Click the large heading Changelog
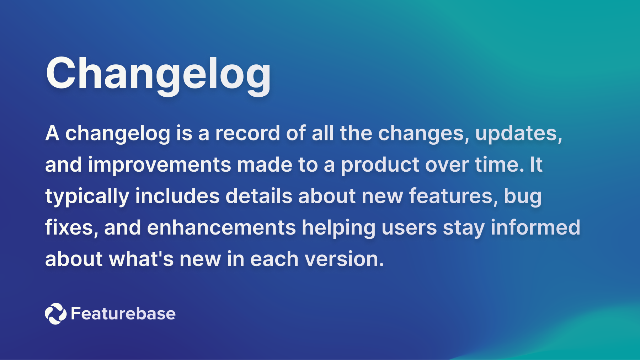point(158,74)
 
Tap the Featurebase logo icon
point(55,313)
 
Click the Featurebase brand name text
point(123,313)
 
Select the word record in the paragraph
point(247,133)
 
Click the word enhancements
point(221,228)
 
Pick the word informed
point(535,227)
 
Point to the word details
point(258,196)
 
